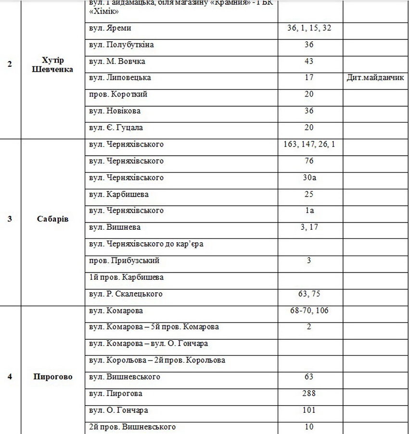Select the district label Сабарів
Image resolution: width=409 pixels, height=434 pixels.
click(52, 219)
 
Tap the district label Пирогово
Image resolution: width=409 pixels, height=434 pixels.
click(52, 377)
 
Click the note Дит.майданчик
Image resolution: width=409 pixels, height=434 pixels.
click(375, 78)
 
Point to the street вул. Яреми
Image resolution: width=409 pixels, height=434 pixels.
click(110, 28)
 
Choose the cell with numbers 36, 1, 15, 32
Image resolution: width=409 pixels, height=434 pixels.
click(309, 28)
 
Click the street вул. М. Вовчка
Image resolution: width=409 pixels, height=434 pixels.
click(117, 62)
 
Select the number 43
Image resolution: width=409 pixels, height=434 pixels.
click(309, 62)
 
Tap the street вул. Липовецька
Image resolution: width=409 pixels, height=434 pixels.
click(120, 78)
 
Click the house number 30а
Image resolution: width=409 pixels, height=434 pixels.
click(309, 178)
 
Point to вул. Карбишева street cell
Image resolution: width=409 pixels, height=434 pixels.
click(119, 195)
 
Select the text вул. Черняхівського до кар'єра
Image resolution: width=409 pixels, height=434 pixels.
click(146, 244)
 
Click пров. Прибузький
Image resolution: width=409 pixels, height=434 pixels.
click(124, 260)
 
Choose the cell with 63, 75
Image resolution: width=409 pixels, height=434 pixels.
click(309, 294)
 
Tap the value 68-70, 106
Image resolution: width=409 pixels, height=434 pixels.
click(309, 311)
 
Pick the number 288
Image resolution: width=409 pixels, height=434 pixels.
click(309, 394)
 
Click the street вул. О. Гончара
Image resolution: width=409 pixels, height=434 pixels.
click(118, 410)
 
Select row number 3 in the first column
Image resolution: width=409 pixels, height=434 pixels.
click(10, 219)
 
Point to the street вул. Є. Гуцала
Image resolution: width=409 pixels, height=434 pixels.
click(116, 128)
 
